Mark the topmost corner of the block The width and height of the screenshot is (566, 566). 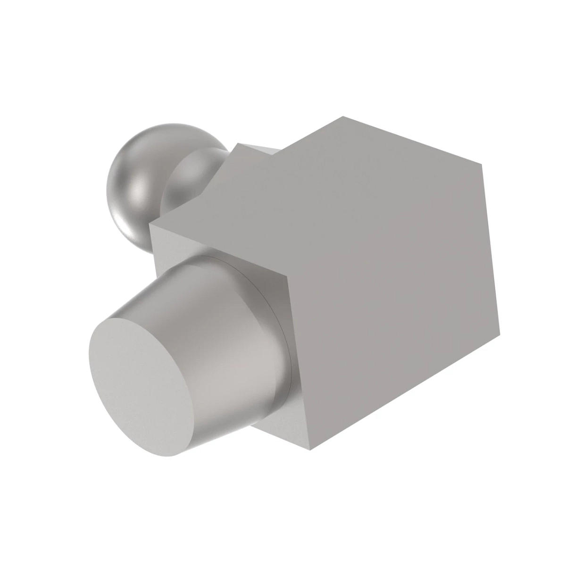coord(343,116)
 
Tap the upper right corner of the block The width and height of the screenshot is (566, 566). coord(481,165)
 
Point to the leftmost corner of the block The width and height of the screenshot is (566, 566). coord(151,225)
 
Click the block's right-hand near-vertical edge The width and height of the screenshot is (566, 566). coord(491,250)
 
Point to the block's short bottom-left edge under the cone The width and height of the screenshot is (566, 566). coord(280,432)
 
